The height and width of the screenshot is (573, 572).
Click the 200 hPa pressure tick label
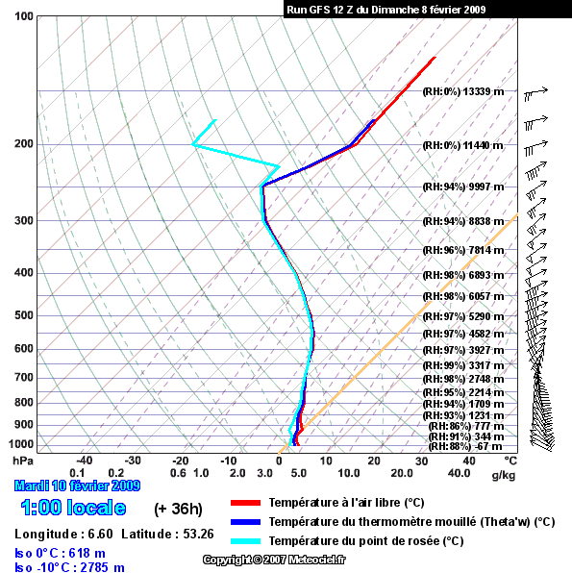pyautogui.click(x=24, y=144)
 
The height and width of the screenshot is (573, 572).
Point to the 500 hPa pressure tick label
pyautogui.click(x=24, y=315)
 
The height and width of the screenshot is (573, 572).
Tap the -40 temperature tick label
pyautogui.click(x=84, y=461)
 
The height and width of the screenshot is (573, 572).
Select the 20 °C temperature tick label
pyautogui.click(x=374, y=461)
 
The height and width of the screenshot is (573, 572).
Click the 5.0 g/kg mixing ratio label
pyautogui.click(x=299, y=473)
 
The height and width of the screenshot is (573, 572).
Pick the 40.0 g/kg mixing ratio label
pyautogui.click(x=459, y=473)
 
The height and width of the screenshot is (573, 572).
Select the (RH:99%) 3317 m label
pyautogui.click(x=463, y=365)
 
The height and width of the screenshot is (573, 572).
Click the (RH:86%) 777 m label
pyautogui.click(x=466, y=426)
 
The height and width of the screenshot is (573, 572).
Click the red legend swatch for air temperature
pyautogui.click(x=245, y=503)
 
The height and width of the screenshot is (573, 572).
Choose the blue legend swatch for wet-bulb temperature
pyautogui.click(x=245, y=522)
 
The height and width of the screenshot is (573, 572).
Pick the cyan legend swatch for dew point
pyautogui.click(x=245, y=541)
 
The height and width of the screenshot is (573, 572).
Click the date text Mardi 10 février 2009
pyautogui.click(x=77, y=486)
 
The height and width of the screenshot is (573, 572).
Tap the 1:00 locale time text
pyautogui.click(x=73, y=508)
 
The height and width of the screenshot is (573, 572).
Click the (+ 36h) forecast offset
pyautogui.click(x=178, y=509)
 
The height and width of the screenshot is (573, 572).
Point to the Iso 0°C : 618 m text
pyautogui.click(x=60, y=553)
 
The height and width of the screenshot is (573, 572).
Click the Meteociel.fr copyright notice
pyautogui.click(x=274, y=560)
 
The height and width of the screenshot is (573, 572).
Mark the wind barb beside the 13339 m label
pyautogui.click(x=535, y=93)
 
